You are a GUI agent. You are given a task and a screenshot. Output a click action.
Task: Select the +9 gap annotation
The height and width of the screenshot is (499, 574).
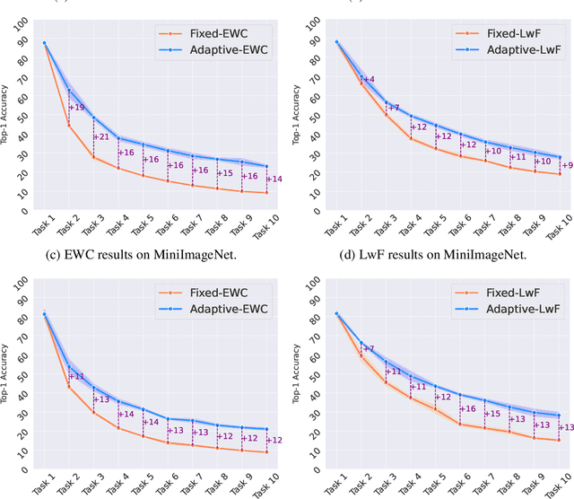(566, 164)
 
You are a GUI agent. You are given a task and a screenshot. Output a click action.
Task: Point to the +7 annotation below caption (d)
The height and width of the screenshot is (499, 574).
(368, 348)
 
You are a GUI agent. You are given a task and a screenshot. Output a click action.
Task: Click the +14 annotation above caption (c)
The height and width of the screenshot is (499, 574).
(274, 179)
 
